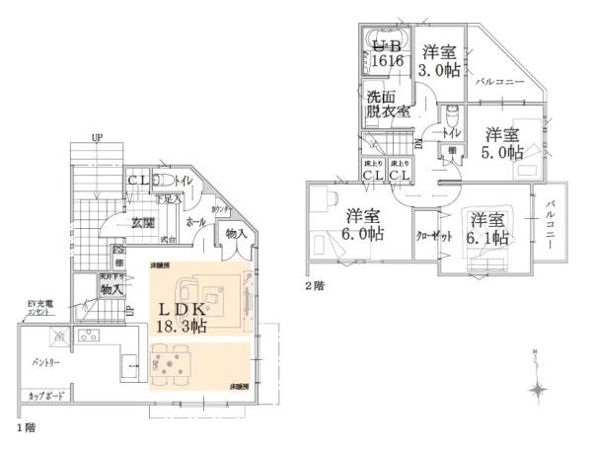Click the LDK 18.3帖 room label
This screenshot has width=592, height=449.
click(183, 316)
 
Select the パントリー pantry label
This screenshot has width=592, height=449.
click(46, 362)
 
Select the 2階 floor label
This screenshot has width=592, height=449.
click(315, 285)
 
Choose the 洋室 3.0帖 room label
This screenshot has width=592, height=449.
click(439, 61)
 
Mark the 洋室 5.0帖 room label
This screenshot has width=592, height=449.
click(501, 143)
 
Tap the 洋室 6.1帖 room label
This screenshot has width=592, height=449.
click(487, 229)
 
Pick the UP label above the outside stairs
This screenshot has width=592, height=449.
click(97, 136)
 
